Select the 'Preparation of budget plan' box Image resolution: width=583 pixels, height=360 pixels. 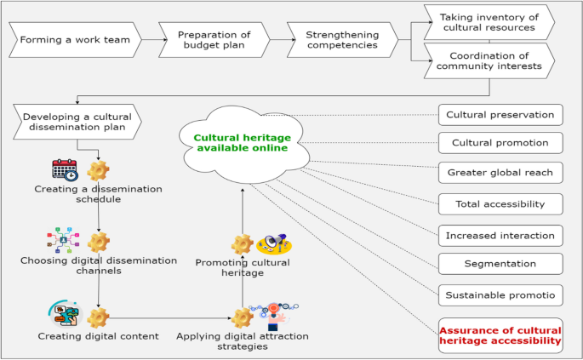pyautogui.click(x=213, y=39)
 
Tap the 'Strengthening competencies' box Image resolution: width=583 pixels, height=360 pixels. pyautogui.click(x=341, y=39)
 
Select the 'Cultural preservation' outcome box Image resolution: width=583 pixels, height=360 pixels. pyautogui.click(x=500, y=115)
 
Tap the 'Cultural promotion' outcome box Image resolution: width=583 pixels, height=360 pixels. pyautogui.click(x=500, y=141)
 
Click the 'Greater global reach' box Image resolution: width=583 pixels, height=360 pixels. pyautogui.click(x=500, y=173)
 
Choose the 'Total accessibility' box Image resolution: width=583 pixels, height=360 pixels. pyautogui.click(x=500, y=204)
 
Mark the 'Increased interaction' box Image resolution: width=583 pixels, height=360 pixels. pyautogui.click(x=500, y=235)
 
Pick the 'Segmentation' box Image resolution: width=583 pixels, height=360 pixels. pyautogui.click(x=500, y=264)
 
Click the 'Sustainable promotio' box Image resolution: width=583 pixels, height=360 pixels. pyautogui.click(x=500, y=295)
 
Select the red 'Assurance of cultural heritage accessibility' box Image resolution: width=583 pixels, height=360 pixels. pyautogui.click(x=500, y=335)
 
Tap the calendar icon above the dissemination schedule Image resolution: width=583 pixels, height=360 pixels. pyautogui.click(x=65, y=170)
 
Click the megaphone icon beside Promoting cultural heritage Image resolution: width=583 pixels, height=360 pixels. pyautogui.click(x=275, y=245)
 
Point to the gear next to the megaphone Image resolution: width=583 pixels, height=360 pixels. pyautogui.click(x=243, y=245)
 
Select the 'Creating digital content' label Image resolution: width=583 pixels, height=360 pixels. pyautogui.click(x=98, y=336)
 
